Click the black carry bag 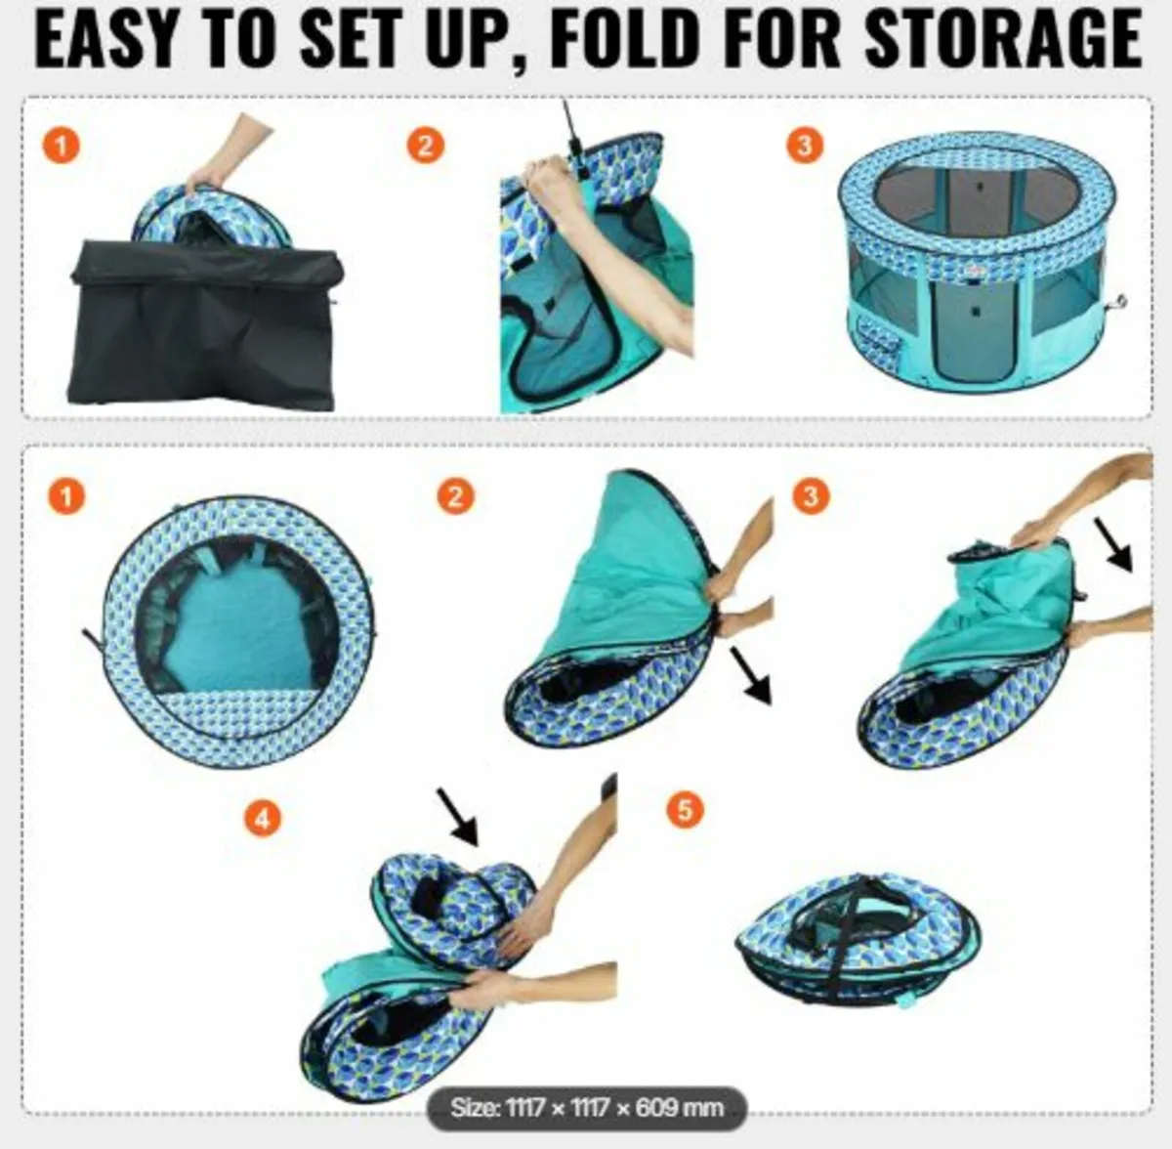click(x=205, y=327)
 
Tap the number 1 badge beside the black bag click(x=62, y=148)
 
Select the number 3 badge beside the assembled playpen click(x=805, y=146)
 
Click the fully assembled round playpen click(x=976, y=264)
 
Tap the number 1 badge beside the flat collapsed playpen click(x=65, y=496)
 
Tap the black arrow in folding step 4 click(x=456, y=817)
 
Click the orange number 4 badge click(x=263, y=818)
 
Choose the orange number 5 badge click(x=685, y=810)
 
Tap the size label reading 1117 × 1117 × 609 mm click(x=587, y=1107)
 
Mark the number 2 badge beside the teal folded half click(x=455, y=496)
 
